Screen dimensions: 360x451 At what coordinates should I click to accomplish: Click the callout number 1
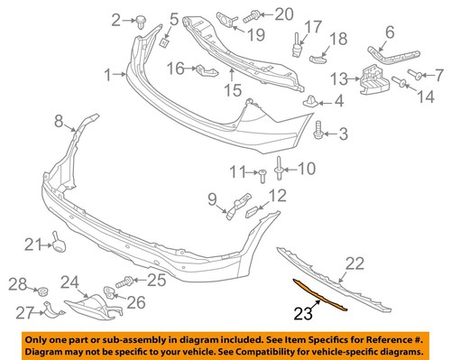tap(108, 75)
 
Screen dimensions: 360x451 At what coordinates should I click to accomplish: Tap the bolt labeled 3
tap(320, 134)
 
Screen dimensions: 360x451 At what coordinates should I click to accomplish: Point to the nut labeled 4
tap(313, 102)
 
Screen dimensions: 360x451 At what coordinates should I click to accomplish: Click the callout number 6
tap(390, 33)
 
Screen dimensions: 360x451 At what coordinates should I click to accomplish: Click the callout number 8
tap(59, 120)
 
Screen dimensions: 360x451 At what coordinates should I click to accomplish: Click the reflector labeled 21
tap(60, 243)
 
